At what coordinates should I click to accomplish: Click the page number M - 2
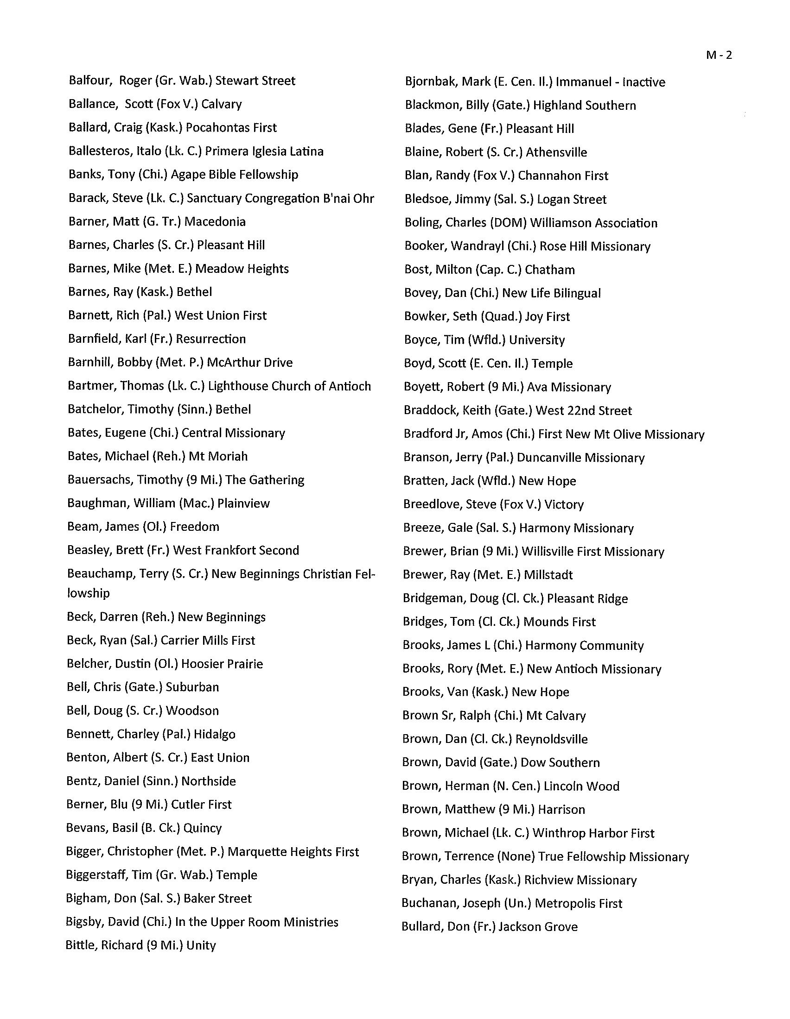pos(719,55)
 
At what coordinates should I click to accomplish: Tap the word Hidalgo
pos(214,734)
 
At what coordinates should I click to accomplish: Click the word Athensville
pos(556,152)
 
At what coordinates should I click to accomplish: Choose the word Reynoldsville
pos(551,739)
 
